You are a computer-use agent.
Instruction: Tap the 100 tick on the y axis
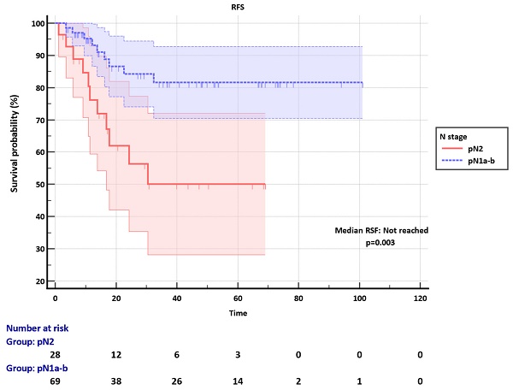[38, 23]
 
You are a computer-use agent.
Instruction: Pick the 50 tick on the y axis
[40, 185]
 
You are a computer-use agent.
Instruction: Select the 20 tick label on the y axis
[40, 281]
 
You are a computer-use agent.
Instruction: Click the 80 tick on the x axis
[298, 298]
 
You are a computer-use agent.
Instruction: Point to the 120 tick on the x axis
[420, 298]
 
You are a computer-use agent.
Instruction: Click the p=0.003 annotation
[380, 243]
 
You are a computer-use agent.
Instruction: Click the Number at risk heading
[37, 328]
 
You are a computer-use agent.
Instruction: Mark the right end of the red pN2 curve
[265, 186]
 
